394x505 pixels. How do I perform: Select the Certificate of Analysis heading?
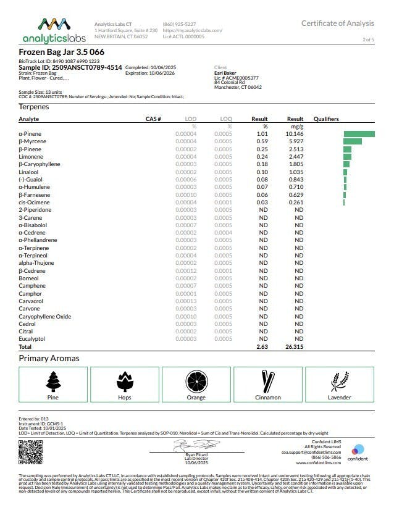337,23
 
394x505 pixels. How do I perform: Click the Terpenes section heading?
35,107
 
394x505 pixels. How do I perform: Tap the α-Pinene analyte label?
31,133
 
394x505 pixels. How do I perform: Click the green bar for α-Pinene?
359,133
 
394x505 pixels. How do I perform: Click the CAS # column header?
153,119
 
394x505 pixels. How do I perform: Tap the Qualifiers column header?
327,119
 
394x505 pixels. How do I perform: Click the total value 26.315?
294,347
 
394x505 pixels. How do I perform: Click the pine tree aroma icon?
54,382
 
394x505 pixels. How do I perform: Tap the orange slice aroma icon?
196,382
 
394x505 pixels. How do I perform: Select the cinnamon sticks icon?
267,382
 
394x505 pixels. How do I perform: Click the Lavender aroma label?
339,398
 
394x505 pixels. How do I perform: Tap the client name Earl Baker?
225,73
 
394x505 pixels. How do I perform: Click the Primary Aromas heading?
49,358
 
